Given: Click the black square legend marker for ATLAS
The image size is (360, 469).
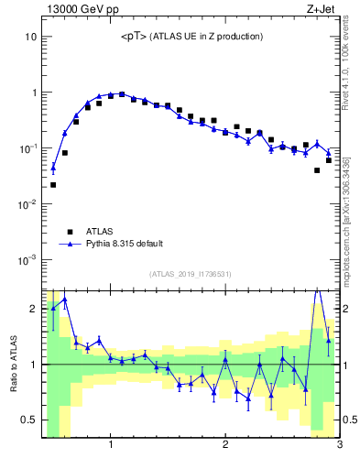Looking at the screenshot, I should point(69,232).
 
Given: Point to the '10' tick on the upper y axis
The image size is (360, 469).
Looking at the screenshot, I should point(30,37).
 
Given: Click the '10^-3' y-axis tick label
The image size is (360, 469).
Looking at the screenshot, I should point(28,260).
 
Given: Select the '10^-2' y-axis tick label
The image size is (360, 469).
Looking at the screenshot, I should point(28,204).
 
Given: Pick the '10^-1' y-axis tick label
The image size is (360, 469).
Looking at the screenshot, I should point(28,148).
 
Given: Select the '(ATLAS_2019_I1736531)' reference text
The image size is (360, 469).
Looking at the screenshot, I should point(191,274).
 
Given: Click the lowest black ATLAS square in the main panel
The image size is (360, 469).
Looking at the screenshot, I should point(53,185).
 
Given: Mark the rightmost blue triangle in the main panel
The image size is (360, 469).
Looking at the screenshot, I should point(328,152).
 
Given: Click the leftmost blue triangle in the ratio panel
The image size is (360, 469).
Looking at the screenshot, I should point(53,307).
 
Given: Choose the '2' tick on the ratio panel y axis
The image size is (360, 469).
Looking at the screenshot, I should point(32,308).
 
